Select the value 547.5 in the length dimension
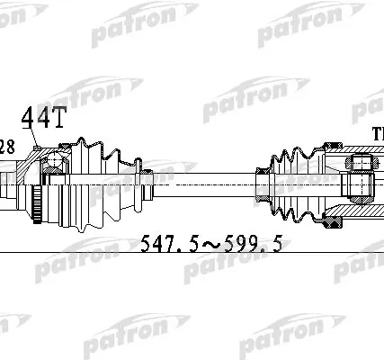tap(169, 243)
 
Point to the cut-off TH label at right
tap(377, 134)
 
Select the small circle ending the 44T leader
tap(33, 148)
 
